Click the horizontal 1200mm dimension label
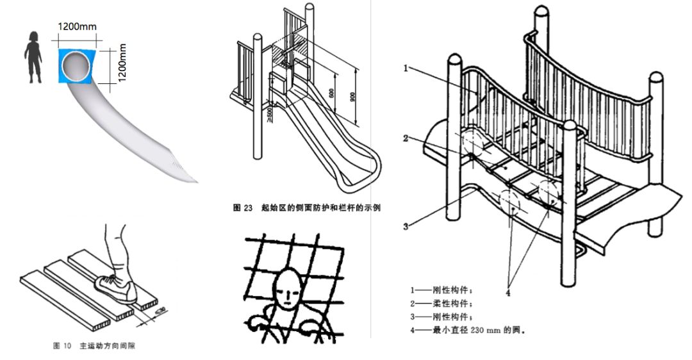pyautogui.click(x=78, y=27)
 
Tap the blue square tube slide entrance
pyautogui.click(x=77, y=65)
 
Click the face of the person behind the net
pyautogui.click(x=288, y=291)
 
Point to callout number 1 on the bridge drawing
pyautogui.click(x=406, y=67)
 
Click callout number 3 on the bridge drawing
pyautogui.click(x=406, y=225)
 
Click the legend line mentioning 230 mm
pyautogui.click(x=467, y=331)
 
